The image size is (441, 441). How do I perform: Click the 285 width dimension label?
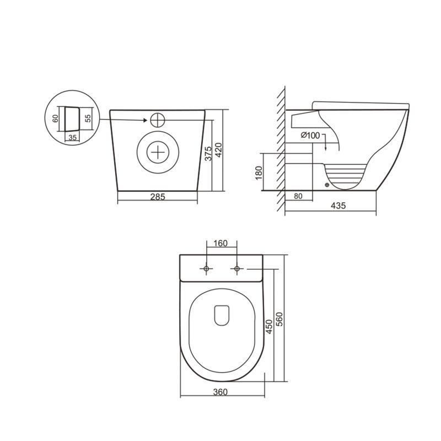point(158,196)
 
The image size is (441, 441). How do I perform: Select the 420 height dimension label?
point(218,149)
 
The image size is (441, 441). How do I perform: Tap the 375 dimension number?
point(208,153)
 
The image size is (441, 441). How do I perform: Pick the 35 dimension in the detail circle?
point(72,137)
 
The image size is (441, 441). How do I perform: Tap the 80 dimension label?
point(298,196)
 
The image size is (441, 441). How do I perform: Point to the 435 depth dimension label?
point(337,206)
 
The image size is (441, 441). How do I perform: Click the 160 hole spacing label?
point(221,243)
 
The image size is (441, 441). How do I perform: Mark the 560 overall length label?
point(279,319)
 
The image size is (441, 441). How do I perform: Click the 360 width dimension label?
point(220,392)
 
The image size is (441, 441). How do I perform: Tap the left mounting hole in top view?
point(206,268)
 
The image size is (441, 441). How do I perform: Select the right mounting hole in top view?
point(237,268)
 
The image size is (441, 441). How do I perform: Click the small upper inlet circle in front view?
point(157,119)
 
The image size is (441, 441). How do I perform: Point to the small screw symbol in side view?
point(327,185)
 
